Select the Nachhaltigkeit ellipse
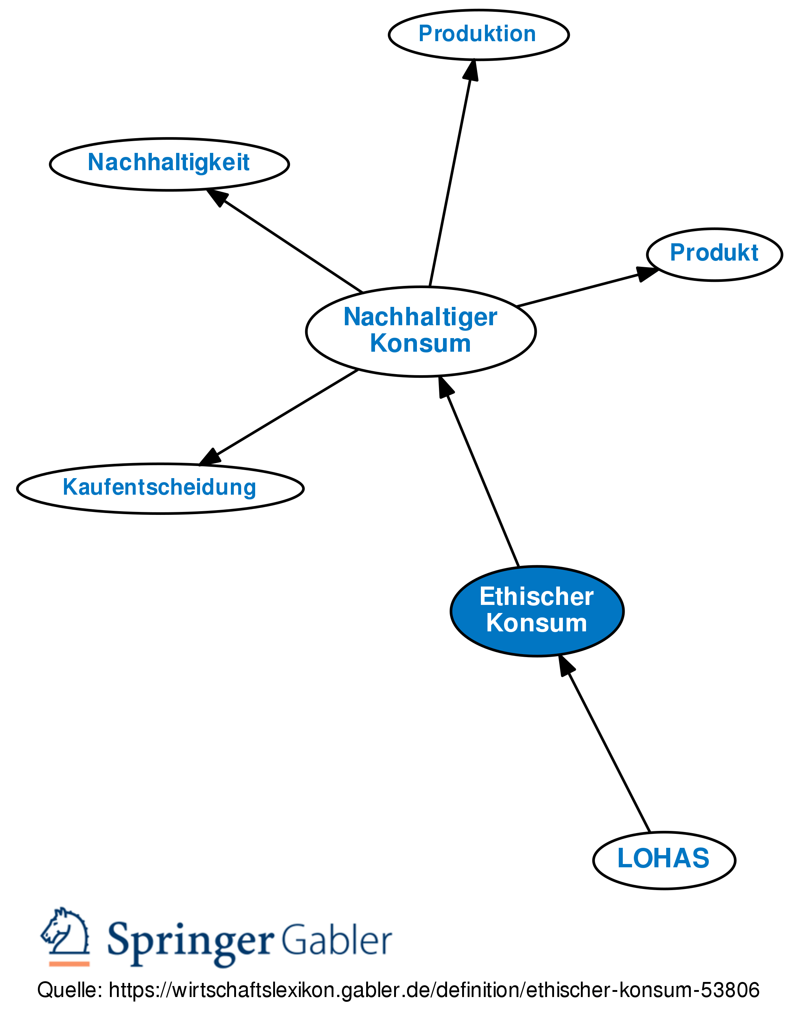(169, 164)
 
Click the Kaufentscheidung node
(160, 488)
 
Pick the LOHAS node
(663, 858)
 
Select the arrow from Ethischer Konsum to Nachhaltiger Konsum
(481, 476)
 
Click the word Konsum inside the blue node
(536, 623)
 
